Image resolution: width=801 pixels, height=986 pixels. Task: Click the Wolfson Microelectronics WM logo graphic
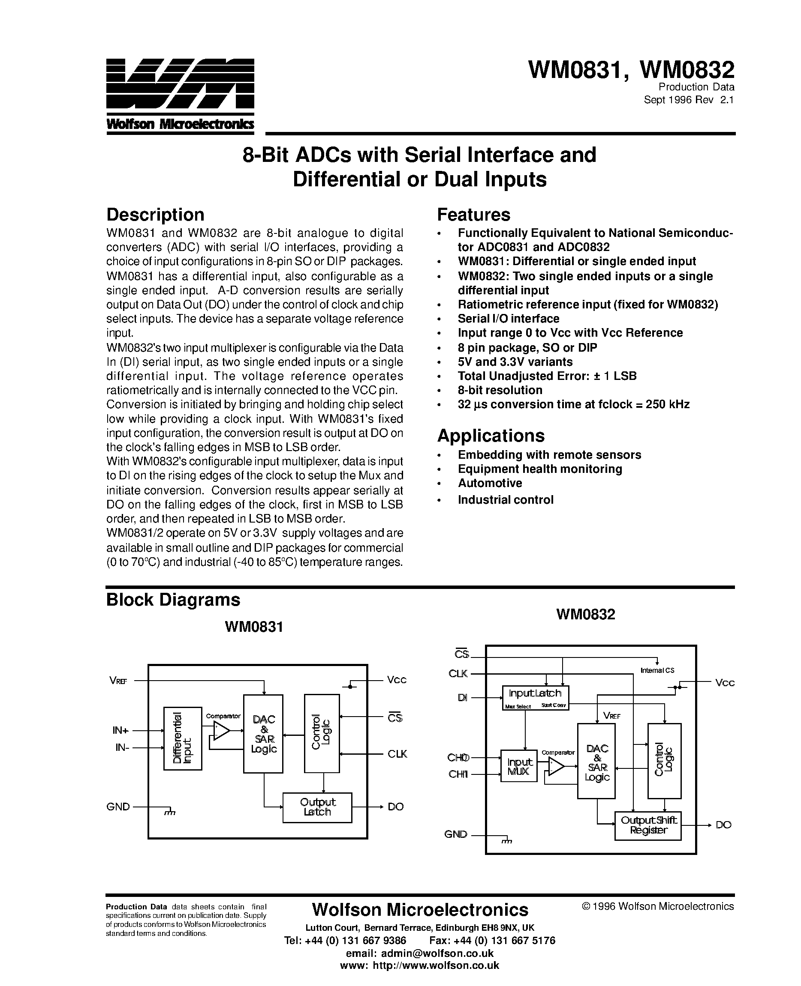tap(180, 90)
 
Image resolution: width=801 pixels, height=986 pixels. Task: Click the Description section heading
tap(155, 215)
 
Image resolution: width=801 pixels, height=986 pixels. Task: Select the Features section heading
tap(473, 215)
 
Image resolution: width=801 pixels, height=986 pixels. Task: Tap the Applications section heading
tap(491, 436)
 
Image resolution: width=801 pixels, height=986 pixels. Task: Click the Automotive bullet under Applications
tap(490, 483)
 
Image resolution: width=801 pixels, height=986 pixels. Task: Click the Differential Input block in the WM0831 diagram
tap(183, 738)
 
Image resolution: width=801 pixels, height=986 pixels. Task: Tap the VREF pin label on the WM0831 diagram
tap(118, 680)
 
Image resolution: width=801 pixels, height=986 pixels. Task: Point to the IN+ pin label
tap(121, 730)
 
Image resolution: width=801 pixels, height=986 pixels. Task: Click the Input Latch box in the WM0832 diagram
tap(535, 697)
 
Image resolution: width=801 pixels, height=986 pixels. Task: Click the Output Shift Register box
tap(648, 825)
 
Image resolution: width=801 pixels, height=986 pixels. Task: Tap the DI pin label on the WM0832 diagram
tap(462, 698)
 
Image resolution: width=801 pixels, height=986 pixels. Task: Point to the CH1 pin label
tap(458, 774)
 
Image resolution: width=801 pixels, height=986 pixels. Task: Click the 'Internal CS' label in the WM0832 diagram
tap(657, 670)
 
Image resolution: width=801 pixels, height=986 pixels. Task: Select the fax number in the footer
tap(492, 940)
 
